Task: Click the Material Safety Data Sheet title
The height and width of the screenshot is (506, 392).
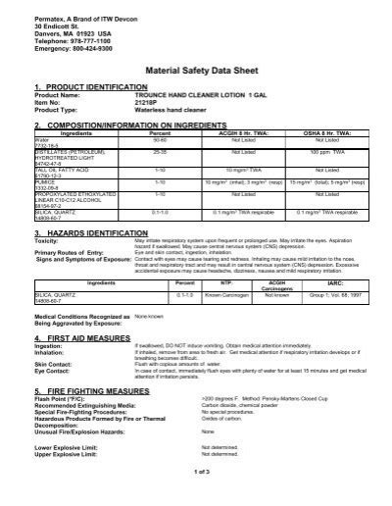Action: [196, 71]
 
